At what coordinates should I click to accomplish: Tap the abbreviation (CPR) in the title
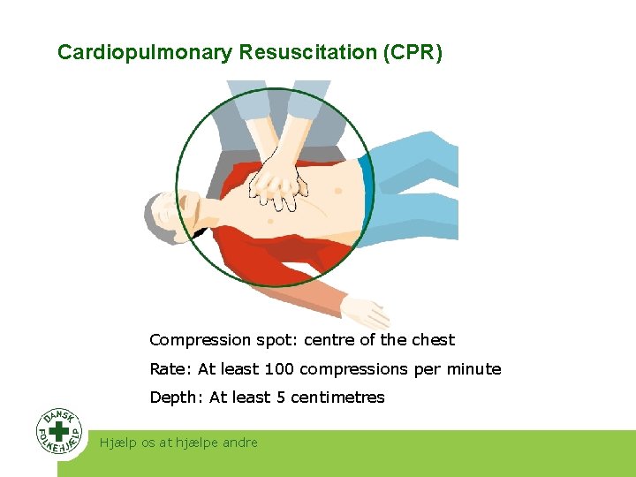413,53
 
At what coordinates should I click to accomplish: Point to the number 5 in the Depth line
281,397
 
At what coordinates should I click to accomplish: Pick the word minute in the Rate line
476,369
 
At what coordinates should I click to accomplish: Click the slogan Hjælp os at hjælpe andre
179,443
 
